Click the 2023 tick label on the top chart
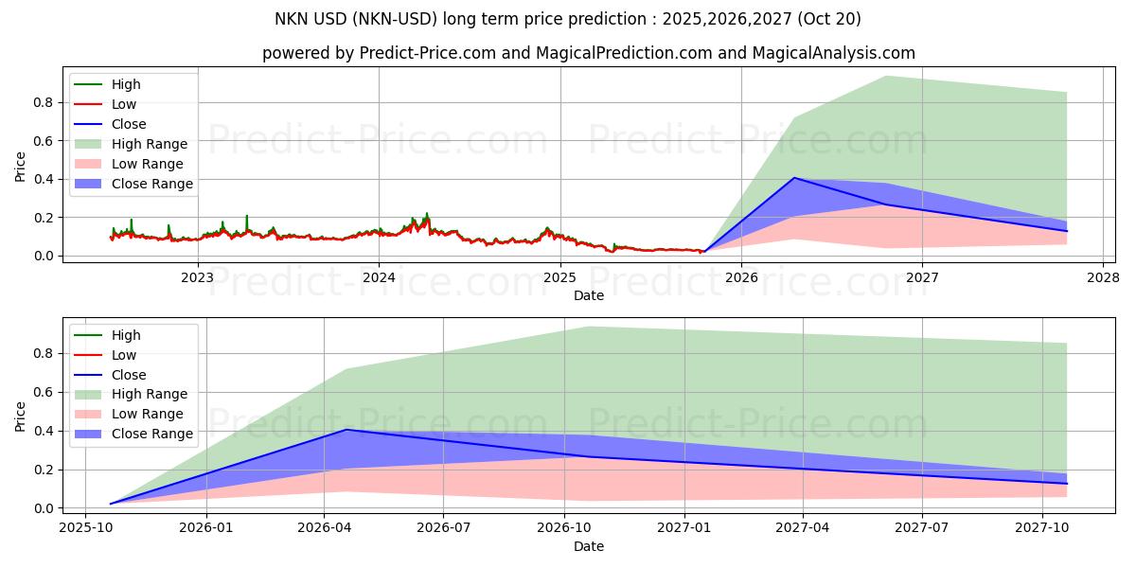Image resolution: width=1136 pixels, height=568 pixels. coord(197,277)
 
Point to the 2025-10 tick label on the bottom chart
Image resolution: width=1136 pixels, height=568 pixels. coord(85,528)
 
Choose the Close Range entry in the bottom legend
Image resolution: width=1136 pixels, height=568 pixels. coord(151,435)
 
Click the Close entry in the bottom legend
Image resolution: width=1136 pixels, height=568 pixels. coord(129,375)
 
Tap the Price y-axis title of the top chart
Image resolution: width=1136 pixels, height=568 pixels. coord(21,167)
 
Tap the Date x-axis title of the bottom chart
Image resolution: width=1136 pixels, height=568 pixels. coord(588,546)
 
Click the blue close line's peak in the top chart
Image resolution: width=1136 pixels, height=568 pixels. coord(793,178)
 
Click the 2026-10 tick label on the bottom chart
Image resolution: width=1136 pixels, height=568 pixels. coord(564,528)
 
